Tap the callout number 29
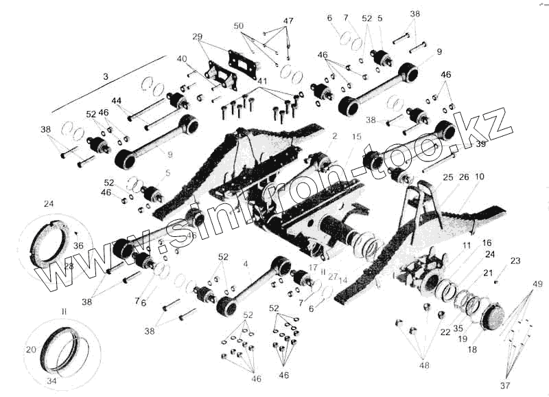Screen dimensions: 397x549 point(198,36)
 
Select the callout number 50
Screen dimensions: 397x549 point(238,25)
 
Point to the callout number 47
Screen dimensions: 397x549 point(288,21)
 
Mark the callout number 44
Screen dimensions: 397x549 point(117,101)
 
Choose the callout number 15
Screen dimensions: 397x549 point(356,137)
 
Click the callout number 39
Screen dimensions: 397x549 point(480,144)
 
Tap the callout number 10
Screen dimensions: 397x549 point(479,177)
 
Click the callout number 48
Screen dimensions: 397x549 point(424,365)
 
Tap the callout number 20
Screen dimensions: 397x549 point(30,350)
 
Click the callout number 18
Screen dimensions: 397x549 point(471,350)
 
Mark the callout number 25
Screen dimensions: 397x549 point(447,177)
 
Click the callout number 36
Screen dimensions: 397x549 point(78,245)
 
